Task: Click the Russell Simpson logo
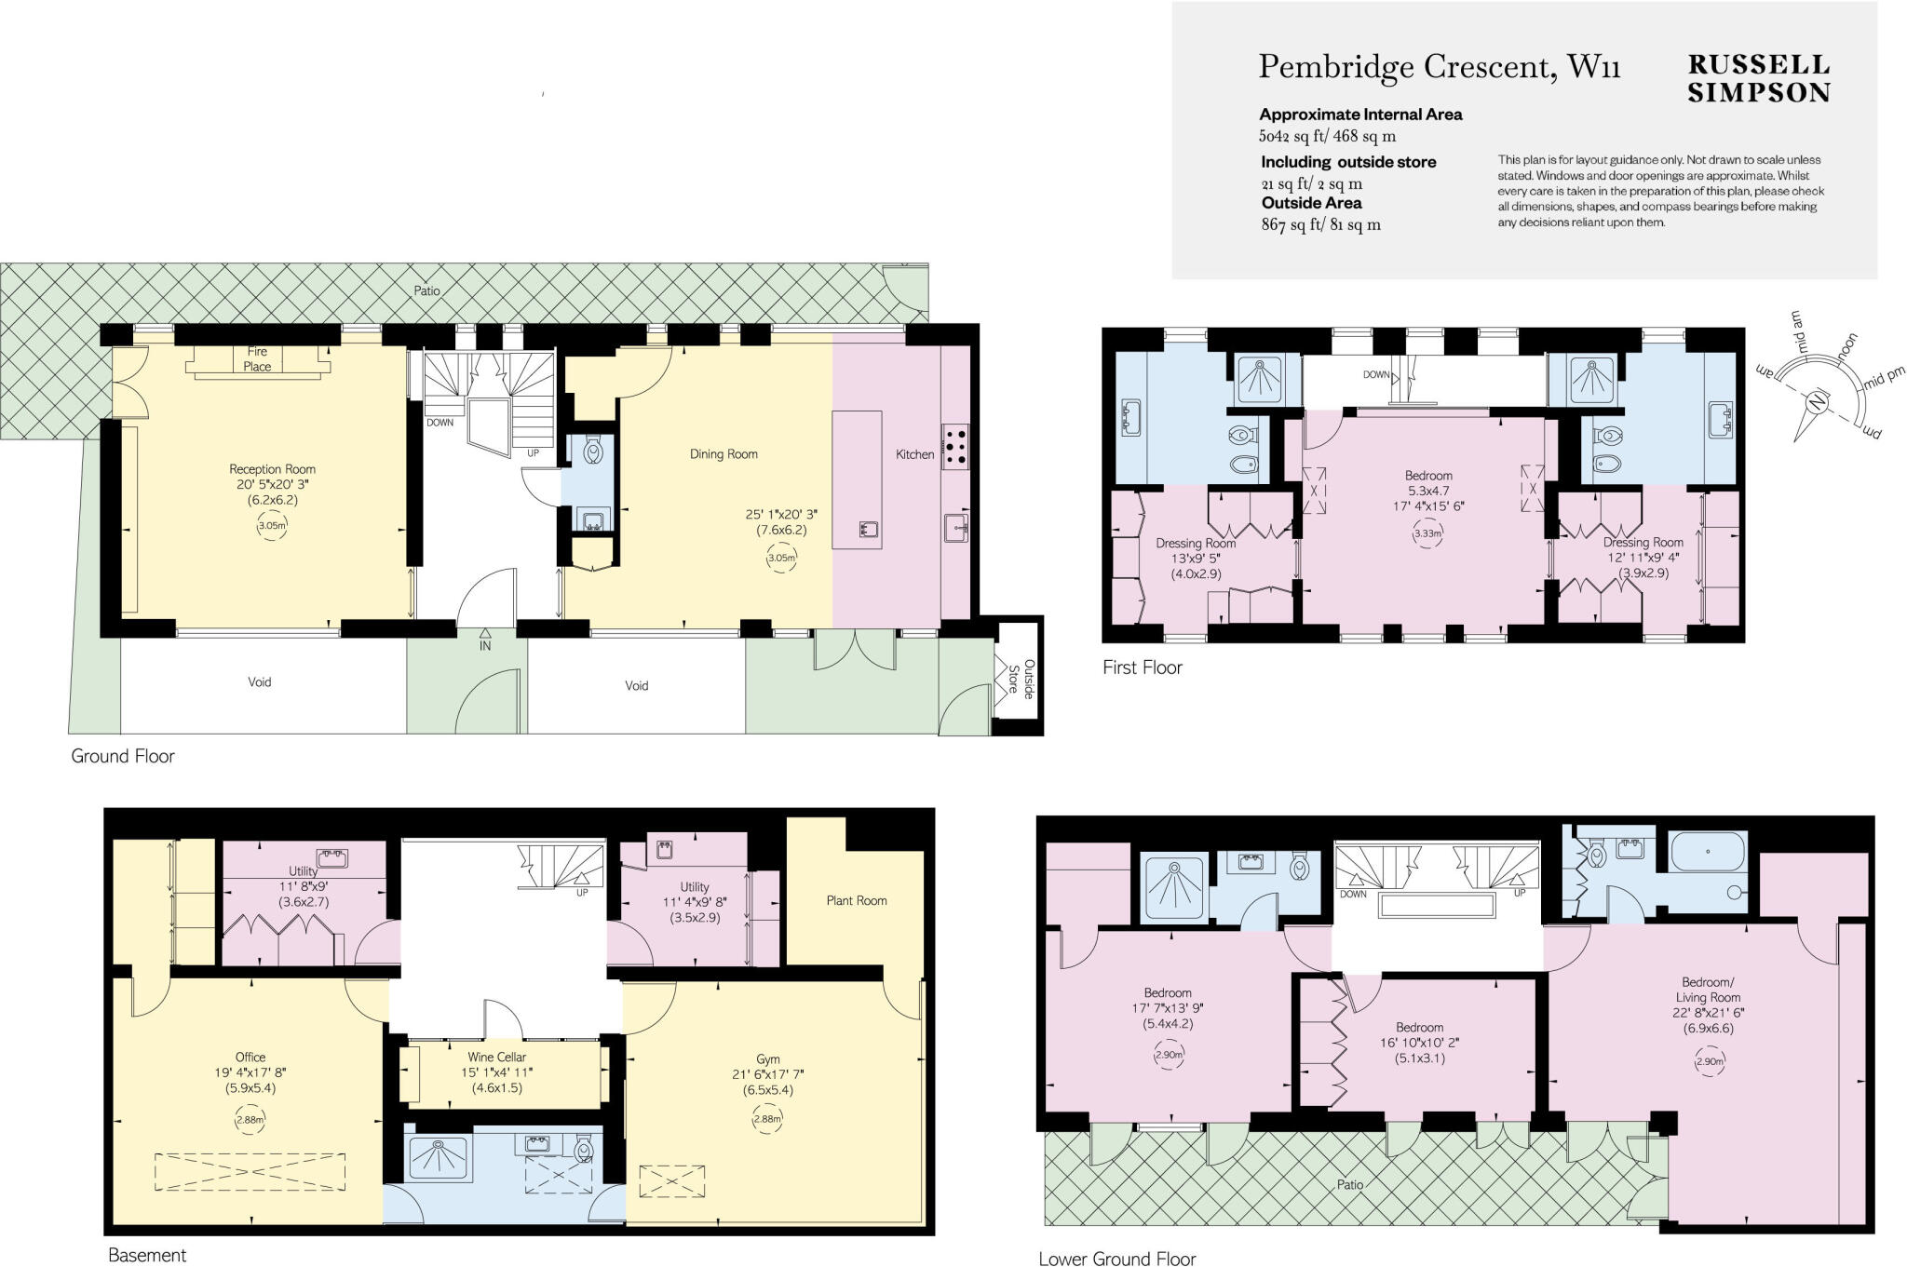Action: point(1758,78)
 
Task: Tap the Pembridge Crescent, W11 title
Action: point(1440,67)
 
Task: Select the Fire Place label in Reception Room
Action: point(258,358)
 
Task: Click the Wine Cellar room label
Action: point(497,1057)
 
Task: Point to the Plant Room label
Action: point(856,900)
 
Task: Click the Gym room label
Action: point(768,1058)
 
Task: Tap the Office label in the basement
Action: point(250,1057)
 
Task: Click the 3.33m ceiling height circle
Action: point(1427,534)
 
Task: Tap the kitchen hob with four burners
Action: point(955,445)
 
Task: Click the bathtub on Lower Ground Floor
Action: point(1709,852)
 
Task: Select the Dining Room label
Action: point(724,454)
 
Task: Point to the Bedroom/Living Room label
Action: point(1708,990)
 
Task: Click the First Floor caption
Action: point(1142,667)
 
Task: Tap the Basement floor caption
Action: point(147,1255)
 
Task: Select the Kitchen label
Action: point(914,454)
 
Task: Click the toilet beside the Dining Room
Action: point(593,452)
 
